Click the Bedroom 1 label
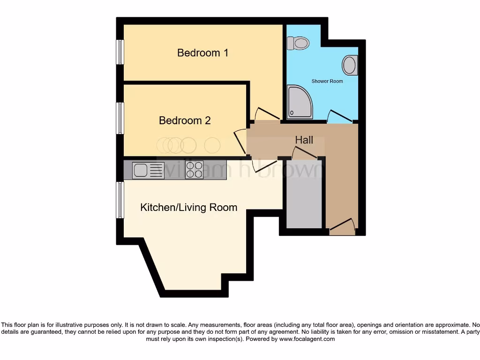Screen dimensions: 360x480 tap(202, 52)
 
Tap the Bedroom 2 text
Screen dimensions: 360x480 tap(185, 120)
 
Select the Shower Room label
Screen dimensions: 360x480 tap(327, 81)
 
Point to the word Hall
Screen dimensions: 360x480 tap(304, 140)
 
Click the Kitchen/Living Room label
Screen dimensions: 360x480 tap(188, 207)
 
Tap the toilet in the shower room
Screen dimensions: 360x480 tap(298, 44)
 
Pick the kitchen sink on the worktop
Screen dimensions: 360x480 tap(148, 170)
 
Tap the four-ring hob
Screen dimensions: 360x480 tap(195, 170)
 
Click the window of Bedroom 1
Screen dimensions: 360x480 tap(120, 52)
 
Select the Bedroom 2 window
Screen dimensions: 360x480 tap(120, 118)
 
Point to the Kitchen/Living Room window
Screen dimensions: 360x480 tap(120, 200)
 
